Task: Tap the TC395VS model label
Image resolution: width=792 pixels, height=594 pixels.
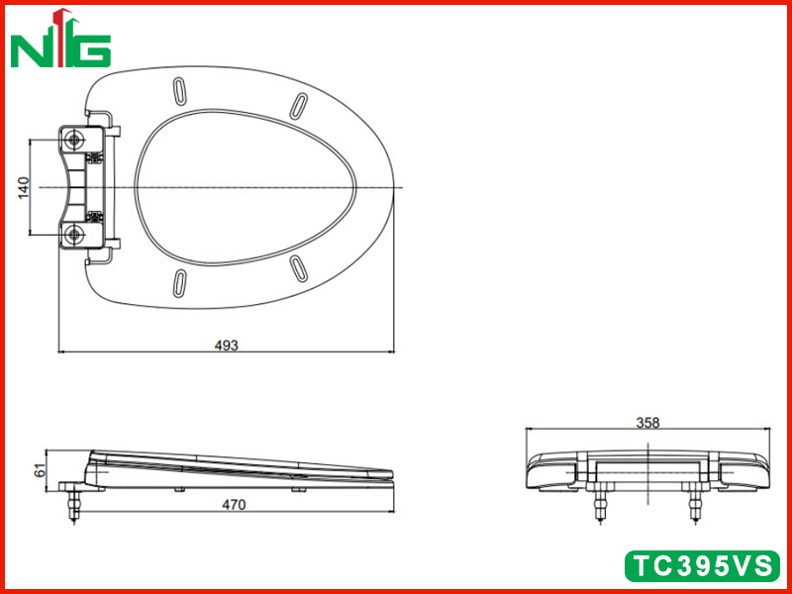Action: [x=702, y=565]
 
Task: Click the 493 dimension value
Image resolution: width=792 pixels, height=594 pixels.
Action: [x=227, y=346]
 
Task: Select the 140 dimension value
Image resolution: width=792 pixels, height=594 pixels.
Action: [x=24, y=187]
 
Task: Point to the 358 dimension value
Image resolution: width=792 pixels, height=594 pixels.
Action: [x=647, y=423]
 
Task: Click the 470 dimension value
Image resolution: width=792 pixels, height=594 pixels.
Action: [x=234, y=505]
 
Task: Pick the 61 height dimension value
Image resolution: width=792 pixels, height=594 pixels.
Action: [x=40, y=471]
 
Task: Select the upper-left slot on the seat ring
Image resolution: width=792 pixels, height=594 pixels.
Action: [x=179, y=92]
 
